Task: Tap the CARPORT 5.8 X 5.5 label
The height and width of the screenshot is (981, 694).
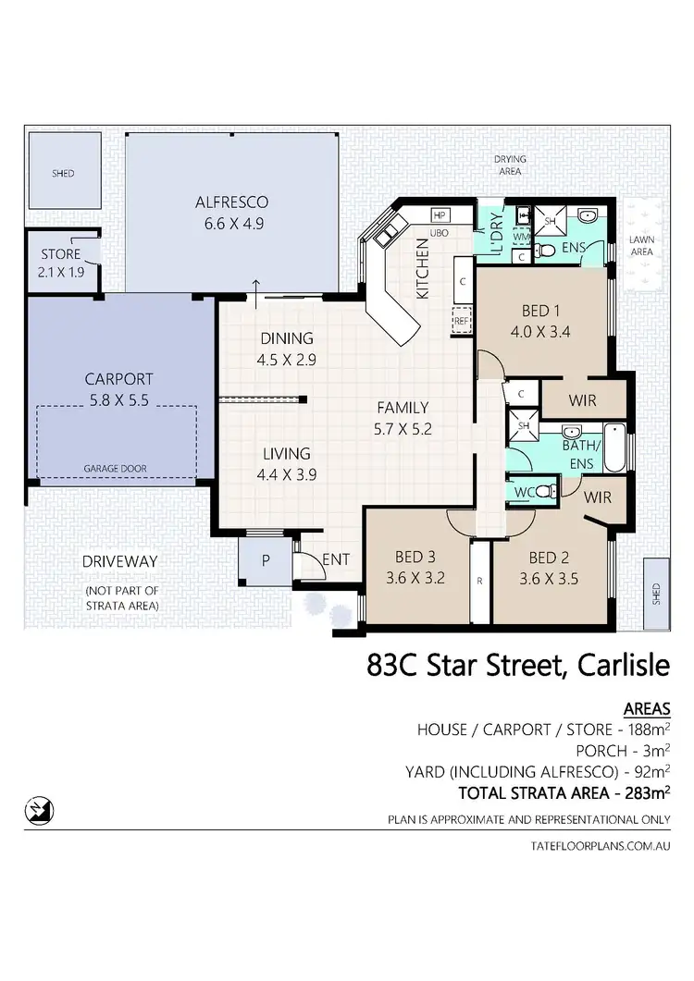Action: (118, 389)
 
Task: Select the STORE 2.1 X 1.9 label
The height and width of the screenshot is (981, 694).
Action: (60, 262)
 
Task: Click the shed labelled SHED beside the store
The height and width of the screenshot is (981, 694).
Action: (63, 173)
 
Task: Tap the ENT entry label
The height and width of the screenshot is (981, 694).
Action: (335, 559)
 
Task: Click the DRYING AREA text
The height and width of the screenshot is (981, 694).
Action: (510, 165)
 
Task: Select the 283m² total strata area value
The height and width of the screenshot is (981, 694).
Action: (645, 791)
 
